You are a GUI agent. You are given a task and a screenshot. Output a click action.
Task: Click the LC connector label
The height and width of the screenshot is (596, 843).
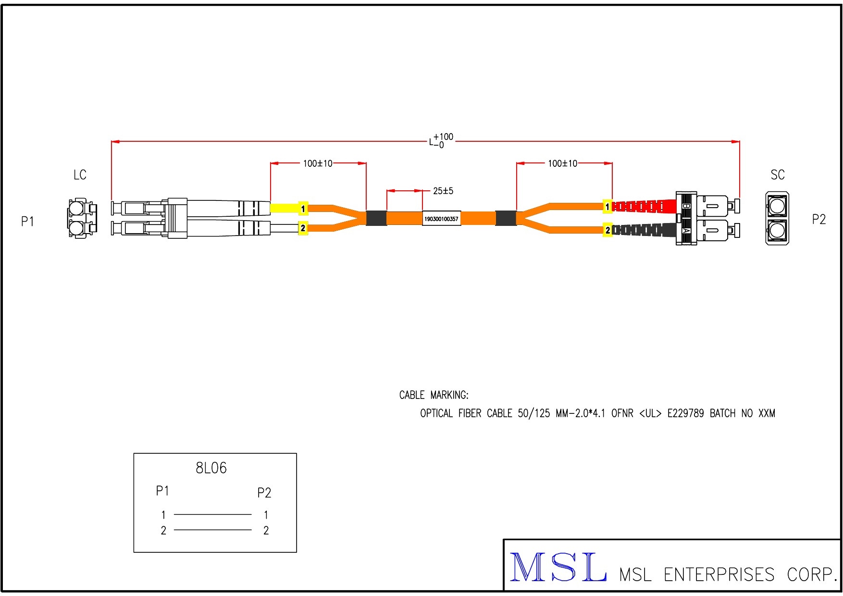[x=80, y=175]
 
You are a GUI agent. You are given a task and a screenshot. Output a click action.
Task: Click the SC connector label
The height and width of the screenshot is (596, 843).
[x=777, y=175]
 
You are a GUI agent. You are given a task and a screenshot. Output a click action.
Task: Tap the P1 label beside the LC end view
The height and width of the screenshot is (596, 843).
[x=28, y=222]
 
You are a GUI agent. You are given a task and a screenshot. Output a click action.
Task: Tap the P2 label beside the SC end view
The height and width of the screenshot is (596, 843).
[x=818, y=220]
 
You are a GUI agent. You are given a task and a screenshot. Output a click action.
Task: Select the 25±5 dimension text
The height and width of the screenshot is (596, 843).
[x=443, y=191]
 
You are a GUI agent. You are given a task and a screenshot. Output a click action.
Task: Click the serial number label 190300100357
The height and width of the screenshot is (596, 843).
[x=441, y=219]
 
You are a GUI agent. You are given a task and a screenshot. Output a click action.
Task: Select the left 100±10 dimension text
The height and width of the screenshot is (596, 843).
[x=317, y=164]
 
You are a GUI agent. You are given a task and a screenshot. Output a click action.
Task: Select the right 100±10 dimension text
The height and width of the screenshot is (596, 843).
[x=562, y=164]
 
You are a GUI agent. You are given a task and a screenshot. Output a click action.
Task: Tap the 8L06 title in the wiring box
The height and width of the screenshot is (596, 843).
[x=211, y=468]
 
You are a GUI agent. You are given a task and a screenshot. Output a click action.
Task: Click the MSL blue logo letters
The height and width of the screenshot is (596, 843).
[x=557, y=568]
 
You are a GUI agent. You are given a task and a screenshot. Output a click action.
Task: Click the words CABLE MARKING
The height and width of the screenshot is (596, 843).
[x=434, y=396]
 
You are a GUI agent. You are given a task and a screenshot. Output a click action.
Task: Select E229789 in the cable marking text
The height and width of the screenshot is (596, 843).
[x=685, y=413]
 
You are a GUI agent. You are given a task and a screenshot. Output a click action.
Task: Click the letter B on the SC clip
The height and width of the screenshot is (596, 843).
[x=686, y=206]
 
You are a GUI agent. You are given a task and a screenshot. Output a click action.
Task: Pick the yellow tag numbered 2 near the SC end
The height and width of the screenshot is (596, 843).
[x=607, y=231]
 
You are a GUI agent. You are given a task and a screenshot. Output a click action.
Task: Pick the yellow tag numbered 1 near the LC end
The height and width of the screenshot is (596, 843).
[x=303, y=209]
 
